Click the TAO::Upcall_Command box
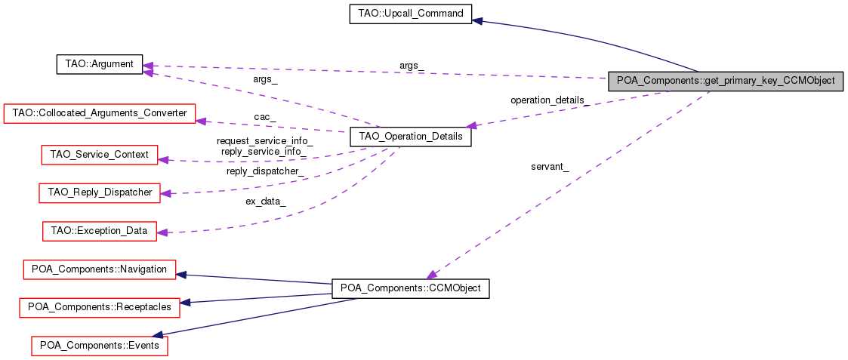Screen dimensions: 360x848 (x=411, y=14)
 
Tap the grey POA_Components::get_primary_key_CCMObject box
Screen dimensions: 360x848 (x=725, y=82)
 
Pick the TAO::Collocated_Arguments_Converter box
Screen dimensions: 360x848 (x=100, y=113)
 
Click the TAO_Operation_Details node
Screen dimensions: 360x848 (x=410, y=138)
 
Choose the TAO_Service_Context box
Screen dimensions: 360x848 (x=98, y=155)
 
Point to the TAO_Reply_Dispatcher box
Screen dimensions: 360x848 (x=100, y=192)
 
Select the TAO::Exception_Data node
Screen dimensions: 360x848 (x=99, y=230)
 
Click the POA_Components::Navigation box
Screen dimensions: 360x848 (x=99, y=269)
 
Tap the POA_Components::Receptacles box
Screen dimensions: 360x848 (x=99, y=307)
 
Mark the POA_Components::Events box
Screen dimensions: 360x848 (x=99, y=345)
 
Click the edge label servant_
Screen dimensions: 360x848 (x=550, y=167)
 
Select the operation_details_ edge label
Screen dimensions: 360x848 (x=550, y=100)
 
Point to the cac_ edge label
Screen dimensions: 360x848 (x=264, y=117)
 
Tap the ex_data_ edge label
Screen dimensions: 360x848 (x=265, y=202)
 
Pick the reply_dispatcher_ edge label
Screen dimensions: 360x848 (x=265, y=171)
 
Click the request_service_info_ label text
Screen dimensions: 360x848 (x=264, y=141)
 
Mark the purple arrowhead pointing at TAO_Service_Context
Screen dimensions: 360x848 (x=163, y=159)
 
